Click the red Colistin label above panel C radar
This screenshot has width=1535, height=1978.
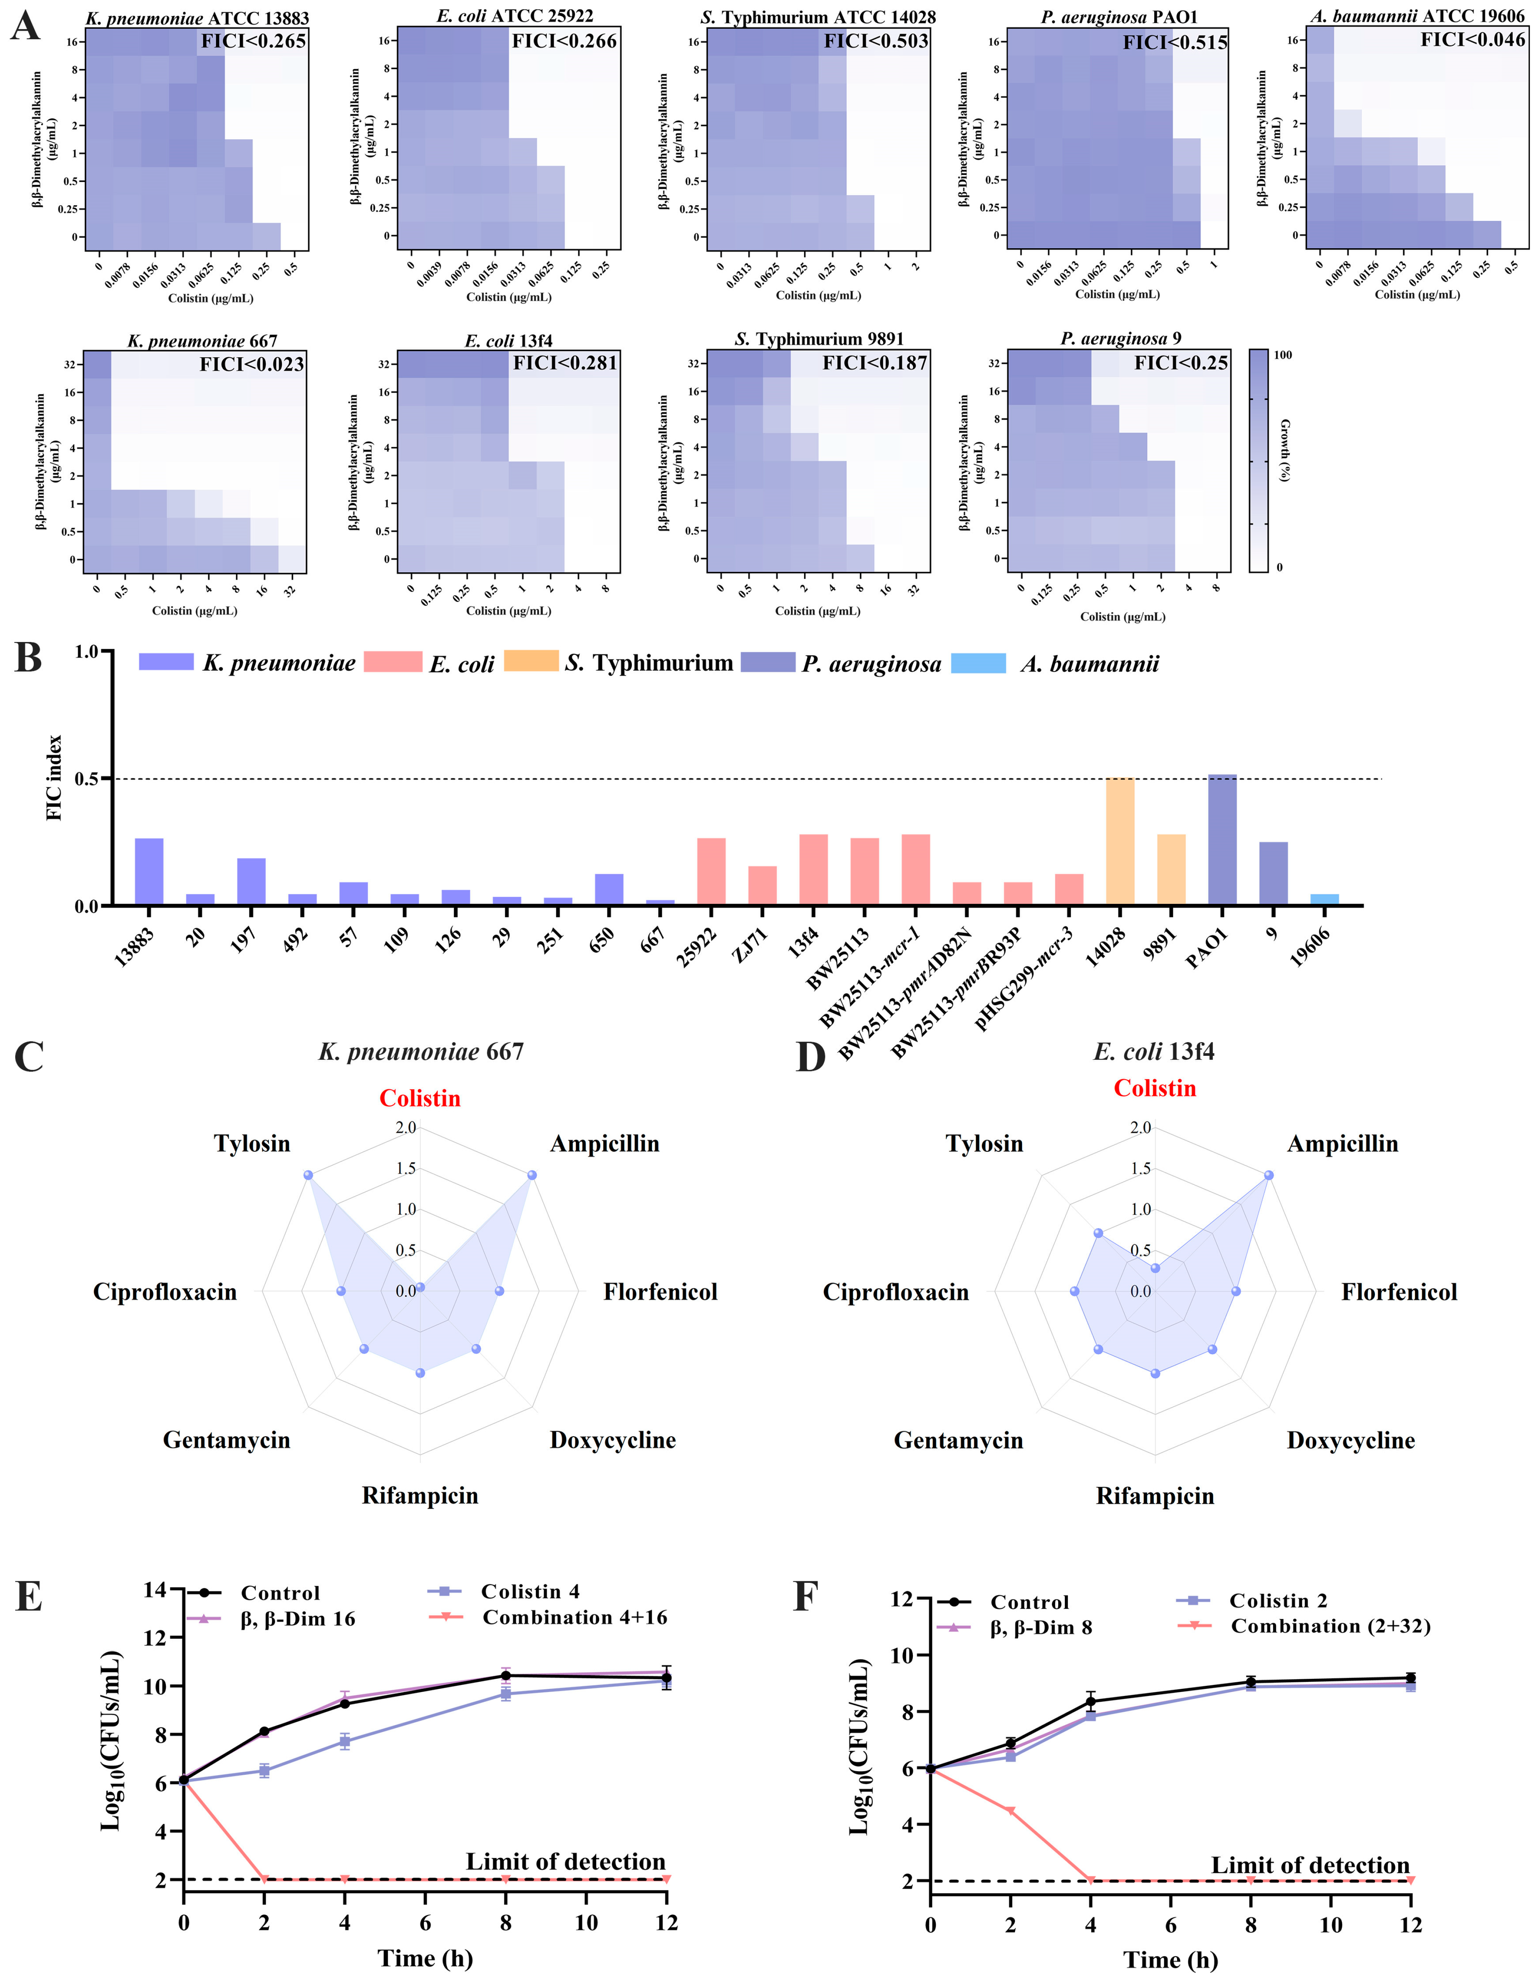(419, 1099)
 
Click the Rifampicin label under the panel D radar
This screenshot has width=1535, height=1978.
(1155, 1495)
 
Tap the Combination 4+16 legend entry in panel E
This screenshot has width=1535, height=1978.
(574, 1617)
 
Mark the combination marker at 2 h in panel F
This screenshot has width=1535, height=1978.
(1011, 1811)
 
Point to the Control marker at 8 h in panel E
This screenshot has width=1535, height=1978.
(505, 1676)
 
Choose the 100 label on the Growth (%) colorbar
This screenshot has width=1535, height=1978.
(1283, 355)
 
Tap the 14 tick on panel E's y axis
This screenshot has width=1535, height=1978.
(156, 1589)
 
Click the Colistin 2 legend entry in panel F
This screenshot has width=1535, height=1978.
(1278, 1601)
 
